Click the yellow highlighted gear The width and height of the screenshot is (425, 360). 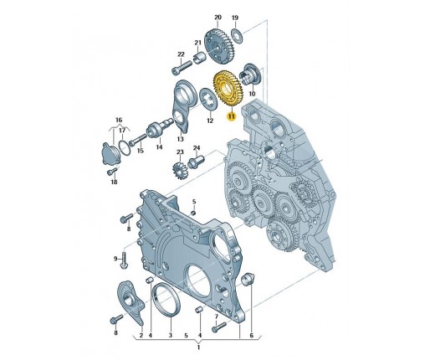(x=228, y=89)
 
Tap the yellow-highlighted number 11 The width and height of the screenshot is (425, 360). (x=231, y=116)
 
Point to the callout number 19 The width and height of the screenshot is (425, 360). (x=235, y=18)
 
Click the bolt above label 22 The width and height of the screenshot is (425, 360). (x=182, y=67)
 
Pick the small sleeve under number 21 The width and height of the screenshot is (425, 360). (x=199, y=58)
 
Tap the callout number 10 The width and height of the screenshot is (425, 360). (x=252, y=94)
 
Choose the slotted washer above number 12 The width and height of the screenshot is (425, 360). (x=209, y=100)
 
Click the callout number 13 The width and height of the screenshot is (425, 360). (x=181, y=139)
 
